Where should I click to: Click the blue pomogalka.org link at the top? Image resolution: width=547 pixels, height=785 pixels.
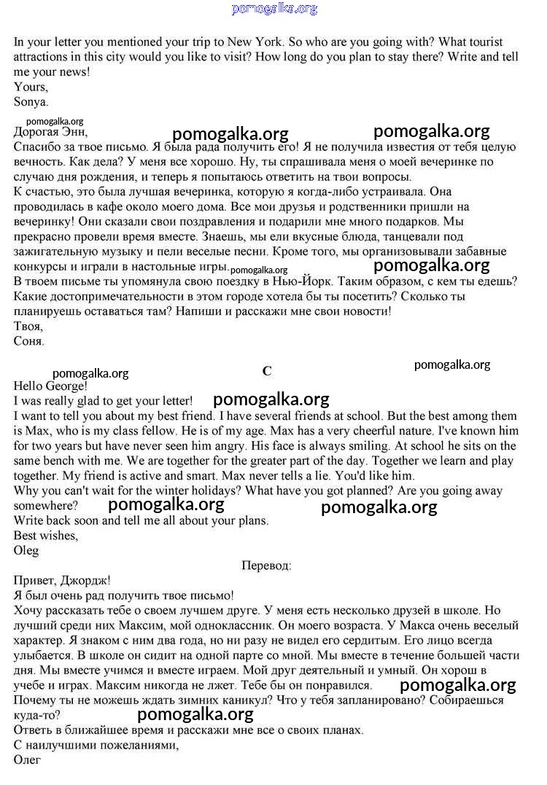tap(274, 9)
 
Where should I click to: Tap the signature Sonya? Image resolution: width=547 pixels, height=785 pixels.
tap(31, 102)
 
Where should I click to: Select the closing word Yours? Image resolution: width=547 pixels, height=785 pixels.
tap(31, 87)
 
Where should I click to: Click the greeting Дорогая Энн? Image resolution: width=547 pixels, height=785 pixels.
tap(50, 132)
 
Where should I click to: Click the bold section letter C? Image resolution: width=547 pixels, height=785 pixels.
tap(267, 371)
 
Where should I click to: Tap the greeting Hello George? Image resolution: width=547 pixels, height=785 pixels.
tap(50, 386)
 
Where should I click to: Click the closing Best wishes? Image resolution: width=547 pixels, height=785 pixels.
tap(45, 536)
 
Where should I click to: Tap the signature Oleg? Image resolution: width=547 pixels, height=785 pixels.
tap(26, 550)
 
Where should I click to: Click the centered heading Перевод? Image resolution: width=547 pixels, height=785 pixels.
tap(266, 566)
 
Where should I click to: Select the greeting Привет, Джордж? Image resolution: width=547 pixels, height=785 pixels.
tap(62, 580)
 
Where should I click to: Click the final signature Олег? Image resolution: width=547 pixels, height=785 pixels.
tap(27, 759)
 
